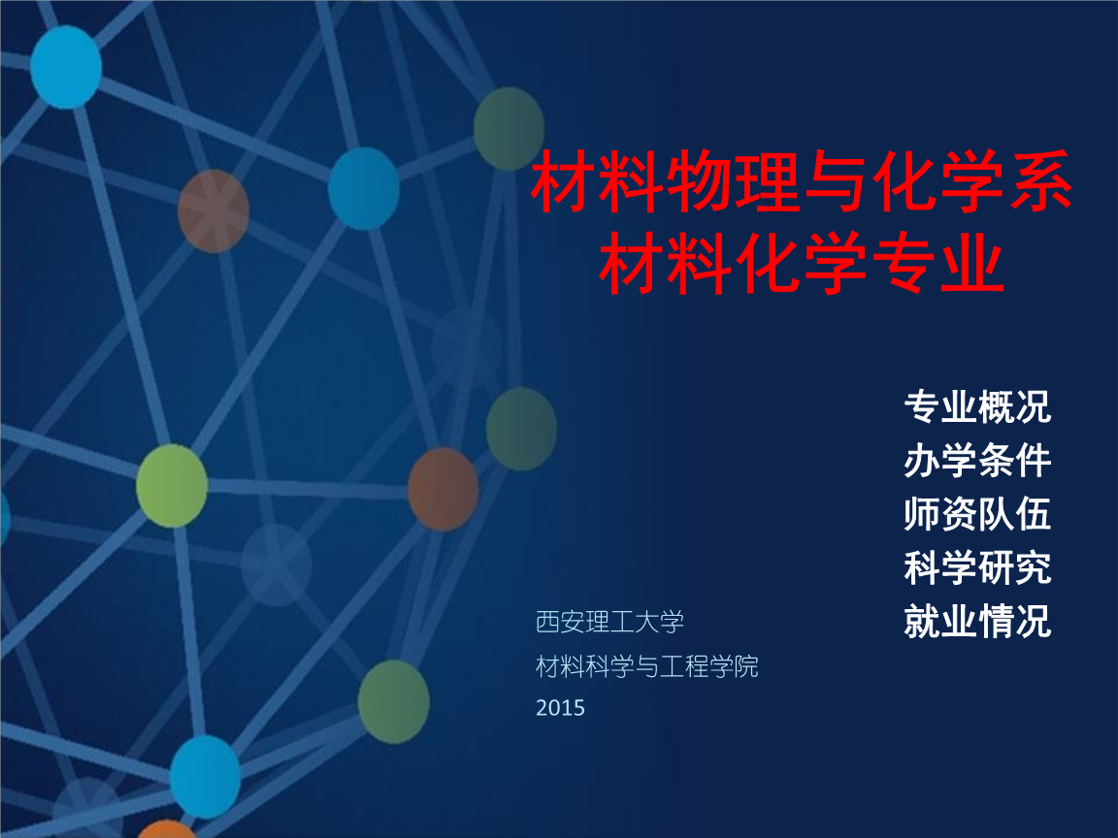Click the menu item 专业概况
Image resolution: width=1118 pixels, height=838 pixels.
[977, 407]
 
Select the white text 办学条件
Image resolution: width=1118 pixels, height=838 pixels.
[977, 461]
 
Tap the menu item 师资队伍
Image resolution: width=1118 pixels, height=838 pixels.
[977, 514]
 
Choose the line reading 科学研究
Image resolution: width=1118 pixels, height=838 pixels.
[977, 567]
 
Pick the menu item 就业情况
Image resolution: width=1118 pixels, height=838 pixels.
[977, 621]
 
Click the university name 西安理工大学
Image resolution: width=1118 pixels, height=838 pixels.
[609, 622]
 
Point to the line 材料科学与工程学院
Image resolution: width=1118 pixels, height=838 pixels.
[646, 667]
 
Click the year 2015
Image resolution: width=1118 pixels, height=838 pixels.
[560, 708]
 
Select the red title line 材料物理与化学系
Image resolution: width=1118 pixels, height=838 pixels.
[802, 181]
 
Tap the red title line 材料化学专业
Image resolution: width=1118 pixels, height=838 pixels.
[802, 263]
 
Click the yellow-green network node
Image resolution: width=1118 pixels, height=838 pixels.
[172, 486]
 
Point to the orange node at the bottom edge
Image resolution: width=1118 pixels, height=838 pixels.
[166, 829]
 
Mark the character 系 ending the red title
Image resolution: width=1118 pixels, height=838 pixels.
[1039, 181]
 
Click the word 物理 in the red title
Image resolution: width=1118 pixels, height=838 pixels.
[734, 181]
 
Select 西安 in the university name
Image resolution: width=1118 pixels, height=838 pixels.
[560, 622]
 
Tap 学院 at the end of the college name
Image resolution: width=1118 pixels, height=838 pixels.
[734, 667]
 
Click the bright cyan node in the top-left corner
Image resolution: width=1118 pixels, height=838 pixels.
[66, 67]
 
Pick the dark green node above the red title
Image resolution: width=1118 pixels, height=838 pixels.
[510, 129]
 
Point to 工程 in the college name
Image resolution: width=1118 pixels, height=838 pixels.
[684, 667]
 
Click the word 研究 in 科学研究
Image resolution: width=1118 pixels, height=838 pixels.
[1014, 567]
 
